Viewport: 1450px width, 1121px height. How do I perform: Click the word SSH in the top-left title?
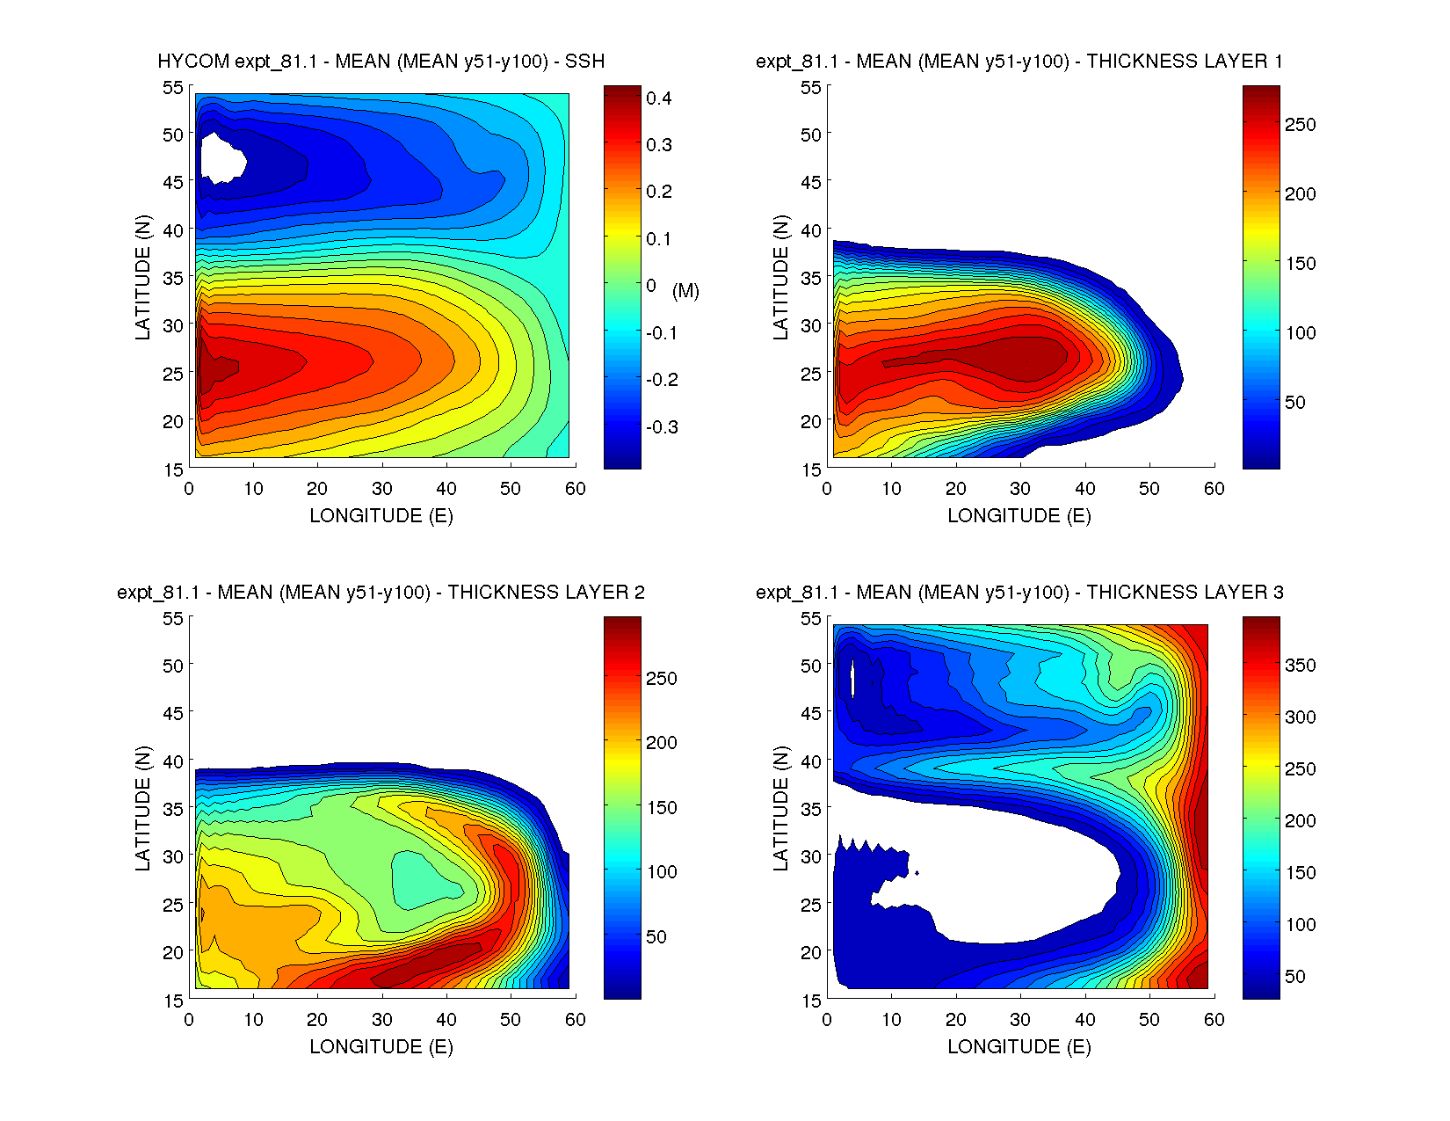click(x=584, y=61)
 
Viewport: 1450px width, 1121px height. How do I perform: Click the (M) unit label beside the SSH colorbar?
click(x=685, y=290)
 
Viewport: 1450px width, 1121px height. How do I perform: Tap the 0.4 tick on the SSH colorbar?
click(x=658, y=98)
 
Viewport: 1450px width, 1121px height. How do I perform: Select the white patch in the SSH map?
click(x=221, y=158)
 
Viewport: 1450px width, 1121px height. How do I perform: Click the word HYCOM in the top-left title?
click(x=193, y=61)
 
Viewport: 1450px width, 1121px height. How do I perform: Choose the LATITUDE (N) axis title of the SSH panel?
click(x=142, y=277)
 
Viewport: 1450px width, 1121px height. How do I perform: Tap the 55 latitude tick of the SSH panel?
click(x=173, y=87)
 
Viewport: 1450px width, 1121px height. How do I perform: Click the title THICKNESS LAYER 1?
click(x=1185, y=61)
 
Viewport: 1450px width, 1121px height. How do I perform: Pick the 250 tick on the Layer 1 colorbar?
click(x=1301, y=125)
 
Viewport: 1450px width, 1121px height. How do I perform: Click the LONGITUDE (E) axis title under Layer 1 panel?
click(x=1019, y=516)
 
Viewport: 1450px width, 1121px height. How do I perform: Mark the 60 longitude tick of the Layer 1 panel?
click(x=1214, y=489)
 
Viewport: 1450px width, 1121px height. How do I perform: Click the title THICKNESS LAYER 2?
click(x=547, y=592)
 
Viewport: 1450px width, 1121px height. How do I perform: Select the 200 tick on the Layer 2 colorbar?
click(x=661, y=743)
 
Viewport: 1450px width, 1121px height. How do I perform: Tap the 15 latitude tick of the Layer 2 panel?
click(x=173, y=1000)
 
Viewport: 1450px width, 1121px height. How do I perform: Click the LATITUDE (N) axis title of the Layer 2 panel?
click(x=142, y=808)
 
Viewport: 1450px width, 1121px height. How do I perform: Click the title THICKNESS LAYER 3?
click(x=1185, y=592)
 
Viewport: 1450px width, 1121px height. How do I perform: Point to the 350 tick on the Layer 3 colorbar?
click(x=1301, y=666)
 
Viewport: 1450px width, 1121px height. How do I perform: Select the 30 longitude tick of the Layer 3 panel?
click(x=1020, y=1020)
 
